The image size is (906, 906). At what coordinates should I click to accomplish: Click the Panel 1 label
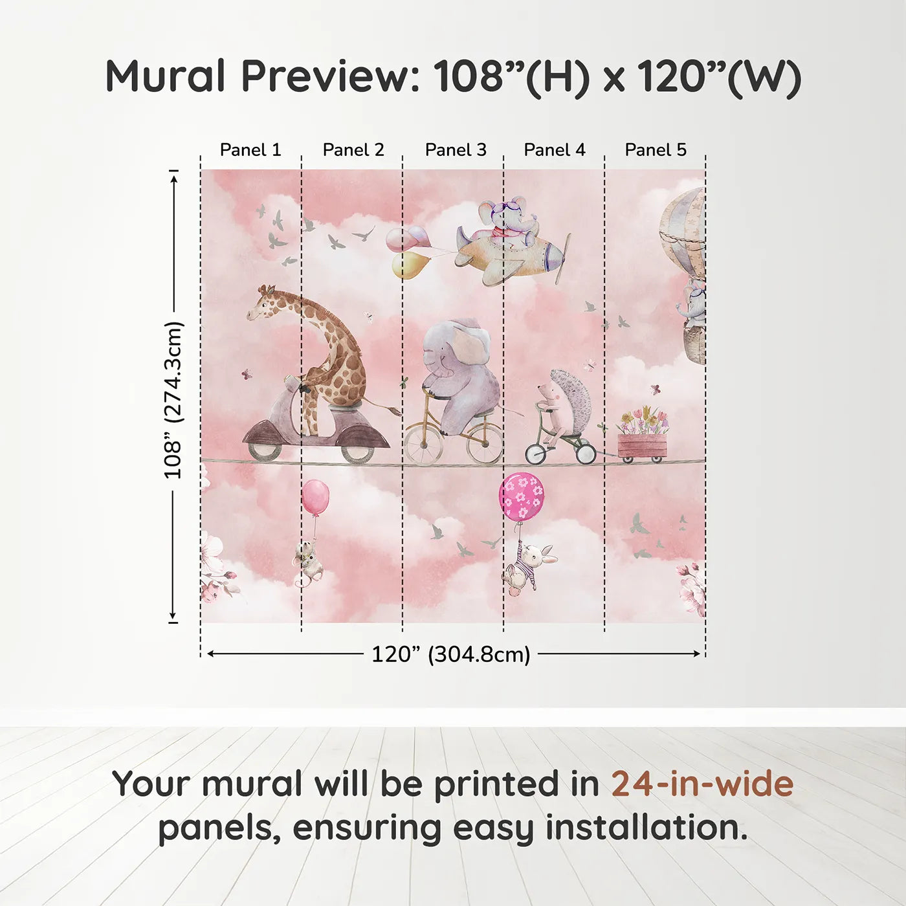coord(250,150)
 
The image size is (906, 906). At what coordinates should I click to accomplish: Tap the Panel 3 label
coord(456,150)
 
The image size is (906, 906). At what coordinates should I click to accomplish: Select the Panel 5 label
coord(655,150)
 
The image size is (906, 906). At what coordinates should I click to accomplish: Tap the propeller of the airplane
coord(564,259)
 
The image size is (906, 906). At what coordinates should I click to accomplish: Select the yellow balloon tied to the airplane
coord(410,265)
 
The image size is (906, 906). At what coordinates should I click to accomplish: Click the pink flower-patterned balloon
coord(522,496)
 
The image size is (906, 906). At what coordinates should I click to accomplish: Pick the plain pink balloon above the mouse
coord(315,497)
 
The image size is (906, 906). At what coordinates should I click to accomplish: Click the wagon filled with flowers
coord(642,443)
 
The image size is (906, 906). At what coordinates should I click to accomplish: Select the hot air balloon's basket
coord(694,346)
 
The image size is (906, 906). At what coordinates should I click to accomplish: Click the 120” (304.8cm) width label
coord(450,654)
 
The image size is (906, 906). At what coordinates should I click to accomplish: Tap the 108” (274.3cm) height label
coord(173,400)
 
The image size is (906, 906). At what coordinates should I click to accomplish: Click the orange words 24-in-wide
coord(702,784)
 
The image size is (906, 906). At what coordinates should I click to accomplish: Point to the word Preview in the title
coord(331,76)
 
